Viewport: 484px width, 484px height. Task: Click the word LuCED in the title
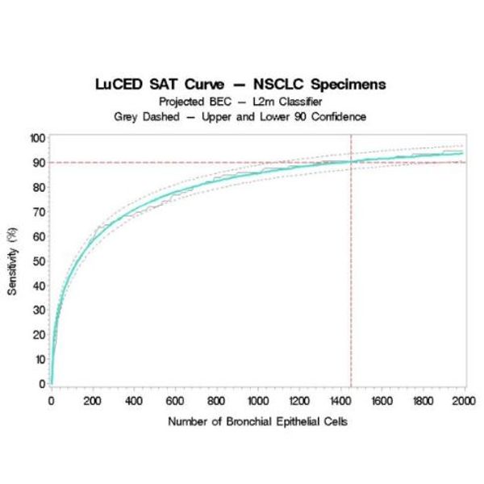pyautogui.click(x=119, y=84)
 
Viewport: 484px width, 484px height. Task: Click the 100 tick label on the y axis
pyautogui.click(x=35, y=138)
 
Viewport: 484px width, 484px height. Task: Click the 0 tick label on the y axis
pyautogui.click(x=40, y=384)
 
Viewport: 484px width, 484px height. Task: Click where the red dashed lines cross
pyautogui.click(x=351, y=162)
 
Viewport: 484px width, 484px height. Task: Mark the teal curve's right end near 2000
pyautogui.click(x=462, y=153)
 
